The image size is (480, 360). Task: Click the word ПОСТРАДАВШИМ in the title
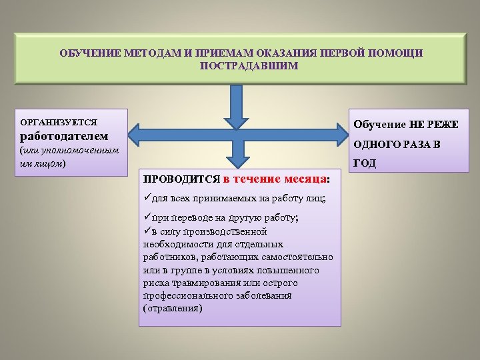pos(249,67)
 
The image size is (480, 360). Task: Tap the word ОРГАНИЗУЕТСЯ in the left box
pos(59,122)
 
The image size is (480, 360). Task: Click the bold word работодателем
pos(64,137)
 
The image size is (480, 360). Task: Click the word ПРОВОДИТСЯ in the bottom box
pos(182,179)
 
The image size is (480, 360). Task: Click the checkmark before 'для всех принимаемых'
pos(147,198)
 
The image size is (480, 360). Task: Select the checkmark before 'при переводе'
pos(147,218)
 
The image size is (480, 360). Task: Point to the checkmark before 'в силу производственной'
pos(147,231)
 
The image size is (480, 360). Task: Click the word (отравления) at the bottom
pos(173,309)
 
